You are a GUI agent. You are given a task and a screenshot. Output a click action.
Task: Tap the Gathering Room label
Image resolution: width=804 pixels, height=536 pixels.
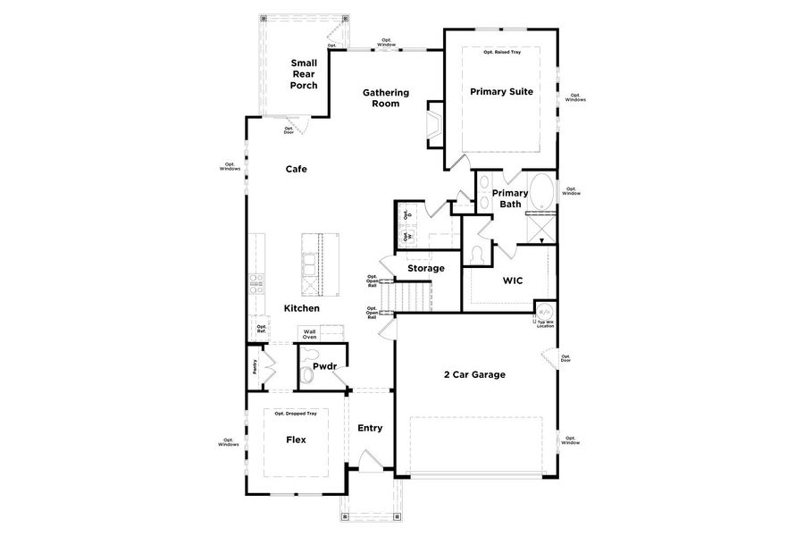385,97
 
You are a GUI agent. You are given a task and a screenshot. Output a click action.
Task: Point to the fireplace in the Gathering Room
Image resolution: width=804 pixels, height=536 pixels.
434,123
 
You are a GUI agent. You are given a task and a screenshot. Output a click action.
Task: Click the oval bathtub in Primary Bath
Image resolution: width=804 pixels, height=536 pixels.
541,191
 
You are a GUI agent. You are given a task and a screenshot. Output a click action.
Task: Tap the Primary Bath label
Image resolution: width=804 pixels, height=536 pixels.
510,198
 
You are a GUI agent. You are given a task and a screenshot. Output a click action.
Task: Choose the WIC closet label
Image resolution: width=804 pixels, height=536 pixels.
512,281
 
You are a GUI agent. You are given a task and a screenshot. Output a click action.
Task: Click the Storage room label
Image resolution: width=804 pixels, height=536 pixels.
426,268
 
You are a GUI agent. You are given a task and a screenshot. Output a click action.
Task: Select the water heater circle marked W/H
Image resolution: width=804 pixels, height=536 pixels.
544,314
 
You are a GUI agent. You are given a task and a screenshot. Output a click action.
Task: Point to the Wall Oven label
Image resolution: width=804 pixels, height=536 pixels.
309,334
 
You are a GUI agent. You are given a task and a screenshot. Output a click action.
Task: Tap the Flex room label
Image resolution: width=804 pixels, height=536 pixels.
297,440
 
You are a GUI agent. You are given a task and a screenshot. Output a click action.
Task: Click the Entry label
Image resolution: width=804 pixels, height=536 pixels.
370,428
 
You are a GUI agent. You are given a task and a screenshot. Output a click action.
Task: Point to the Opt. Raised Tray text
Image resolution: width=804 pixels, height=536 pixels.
502,52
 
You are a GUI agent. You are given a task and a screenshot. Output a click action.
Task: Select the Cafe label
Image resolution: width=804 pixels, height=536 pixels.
297,169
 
